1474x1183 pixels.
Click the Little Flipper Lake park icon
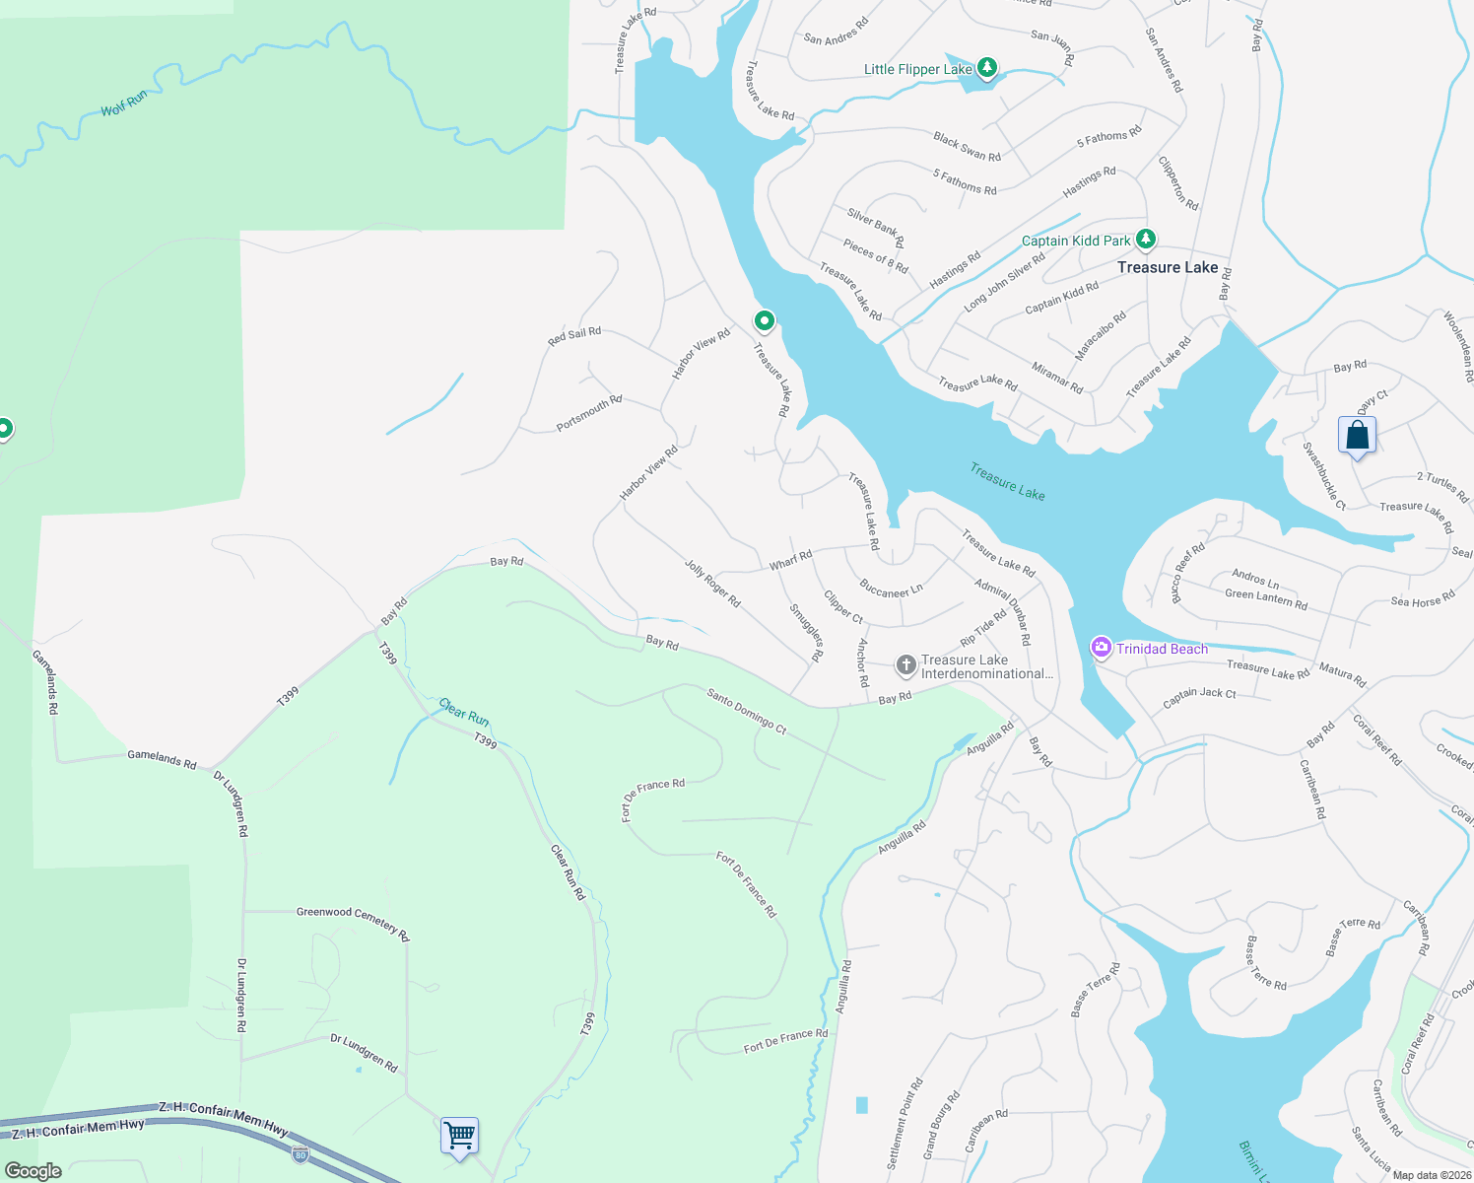coord(986,68)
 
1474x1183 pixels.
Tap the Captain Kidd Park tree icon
coord(1145,240)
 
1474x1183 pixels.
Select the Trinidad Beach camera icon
coord(1101,648)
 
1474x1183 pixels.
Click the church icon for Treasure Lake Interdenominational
coord(905,665)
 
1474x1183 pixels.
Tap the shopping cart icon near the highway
coord(459,1136)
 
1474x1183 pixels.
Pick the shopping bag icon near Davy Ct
coord(1357,435)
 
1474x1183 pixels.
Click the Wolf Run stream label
coord(124,104)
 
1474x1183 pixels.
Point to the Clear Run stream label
coord(464,712)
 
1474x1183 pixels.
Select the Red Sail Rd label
coord(574,336)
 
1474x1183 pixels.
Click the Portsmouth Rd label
coord(589,413)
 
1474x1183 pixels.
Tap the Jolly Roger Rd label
coord(712,582)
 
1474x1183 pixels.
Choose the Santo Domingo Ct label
coord(747,711)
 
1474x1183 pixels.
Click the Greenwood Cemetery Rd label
coord(353,924)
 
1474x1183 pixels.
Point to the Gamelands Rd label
coord(162,759)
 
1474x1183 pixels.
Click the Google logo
coord(33,1171)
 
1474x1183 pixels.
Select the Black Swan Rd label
coord(967,147)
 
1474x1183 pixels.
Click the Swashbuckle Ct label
coord(1324,475)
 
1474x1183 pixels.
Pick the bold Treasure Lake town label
coord(1168,267)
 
